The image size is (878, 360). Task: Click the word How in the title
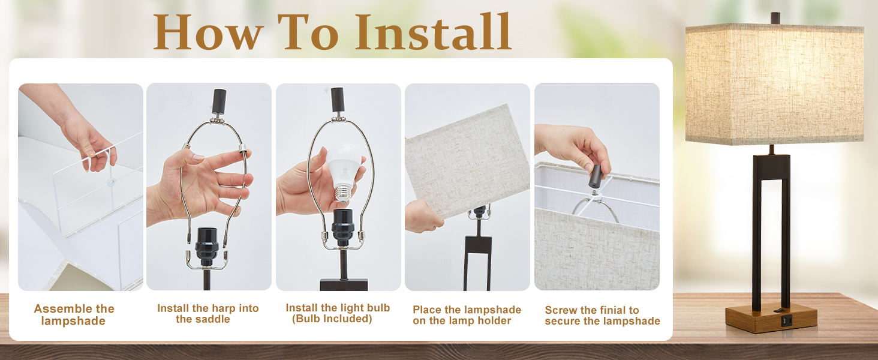(x=208, y=32)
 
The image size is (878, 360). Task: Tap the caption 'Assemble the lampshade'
(x=74, y=314)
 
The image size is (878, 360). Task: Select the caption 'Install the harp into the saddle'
(x=208, y=313)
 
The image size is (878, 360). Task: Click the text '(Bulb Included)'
(x=332, y=319)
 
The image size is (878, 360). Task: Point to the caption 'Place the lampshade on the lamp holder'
(x=467, y=315)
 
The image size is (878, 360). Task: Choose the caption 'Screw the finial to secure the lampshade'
(x=602, y=315)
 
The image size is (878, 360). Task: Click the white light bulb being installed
(x=344, y=173)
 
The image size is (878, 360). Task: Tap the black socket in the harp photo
(x=207, y=247)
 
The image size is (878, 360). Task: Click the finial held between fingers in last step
(x=595, y=176)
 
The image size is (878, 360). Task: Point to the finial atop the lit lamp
(x=775, y=17)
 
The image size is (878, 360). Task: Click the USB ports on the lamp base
(x=786, y=322)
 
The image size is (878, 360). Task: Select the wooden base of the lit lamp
(x=771, y=317)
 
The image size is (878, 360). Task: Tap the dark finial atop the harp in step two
(x=219, y=101)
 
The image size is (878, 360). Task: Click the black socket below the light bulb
(x=343, y=228)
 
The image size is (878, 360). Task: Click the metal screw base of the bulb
(x=342, y=194)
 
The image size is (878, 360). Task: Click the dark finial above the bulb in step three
(x=337, y=100)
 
